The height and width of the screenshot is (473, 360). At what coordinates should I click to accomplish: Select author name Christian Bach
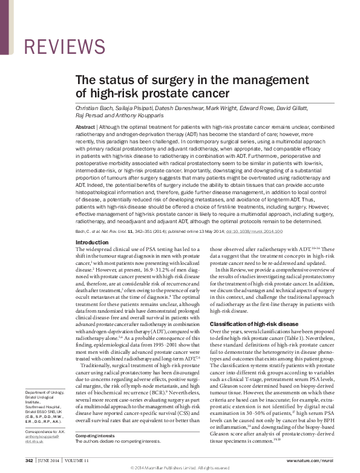(x=92, y=107)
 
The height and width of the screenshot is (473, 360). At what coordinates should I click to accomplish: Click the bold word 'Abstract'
(x=86, y=128)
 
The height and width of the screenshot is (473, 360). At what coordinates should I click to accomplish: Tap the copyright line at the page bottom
(x=180, y=468)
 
